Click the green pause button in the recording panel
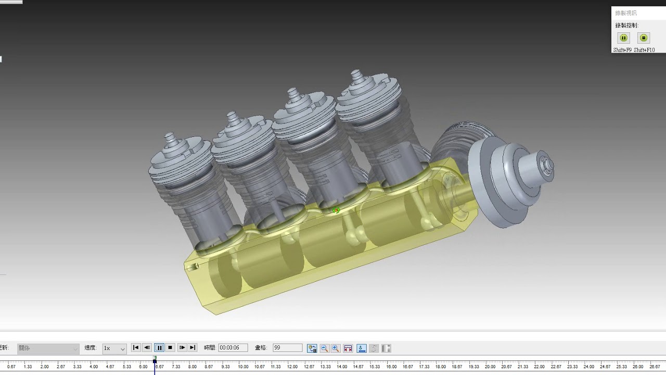pos(623,38)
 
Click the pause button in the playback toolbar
pos(159,348)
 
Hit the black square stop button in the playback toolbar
pos(170,348)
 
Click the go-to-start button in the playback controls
pos(136,348)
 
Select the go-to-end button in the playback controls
pos(193,348)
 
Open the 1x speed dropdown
pos(114,348)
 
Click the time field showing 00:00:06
pos(233,348)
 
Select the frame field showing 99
pos(287,348)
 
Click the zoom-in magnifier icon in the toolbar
pos(336,348)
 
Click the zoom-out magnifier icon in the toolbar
pos(324,348)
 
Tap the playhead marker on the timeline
pos(155,360)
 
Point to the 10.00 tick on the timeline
pos(243,367)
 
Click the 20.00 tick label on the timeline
pos(490,367)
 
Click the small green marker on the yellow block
pos(336,210)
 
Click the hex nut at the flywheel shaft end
pos(546,166)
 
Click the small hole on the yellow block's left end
pos(196,267)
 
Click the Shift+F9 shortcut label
pos(622,50)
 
